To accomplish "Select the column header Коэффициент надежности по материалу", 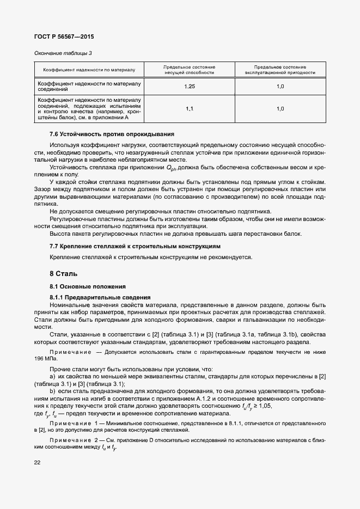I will coord(89,70).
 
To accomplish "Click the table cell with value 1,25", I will coord(189,87).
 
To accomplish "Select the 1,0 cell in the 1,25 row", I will coord(280,87).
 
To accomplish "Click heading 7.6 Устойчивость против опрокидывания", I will coord(112,134).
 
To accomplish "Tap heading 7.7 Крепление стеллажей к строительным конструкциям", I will coord(135,247).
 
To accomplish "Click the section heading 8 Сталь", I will coord(64,273).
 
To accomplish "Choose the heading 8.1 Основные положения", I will coord(88,286).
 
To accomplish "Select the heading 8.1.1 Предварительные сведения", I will coord(100,297).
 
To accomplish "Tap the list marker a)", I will coord(53,377).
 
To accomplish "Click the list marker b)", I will coord(53,393).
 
